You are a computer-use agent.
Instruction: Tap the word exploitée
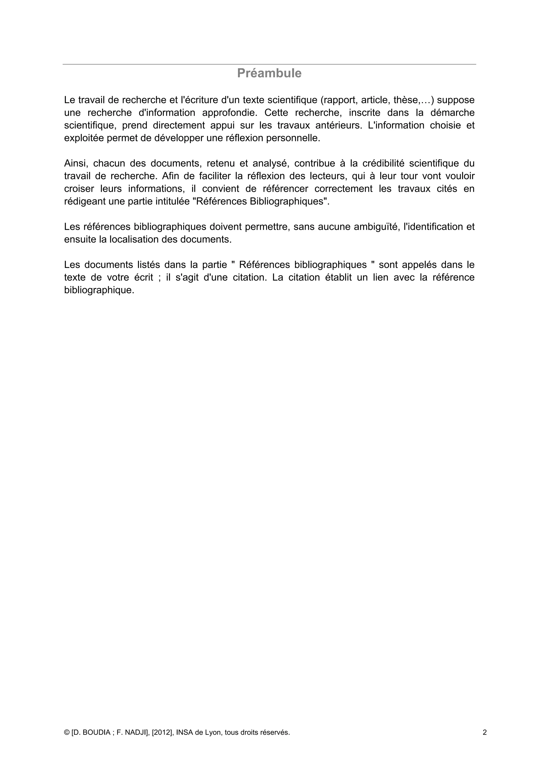[x=84, y=138]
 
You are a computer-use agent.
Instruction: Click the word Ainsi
[x=75, y=163]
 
